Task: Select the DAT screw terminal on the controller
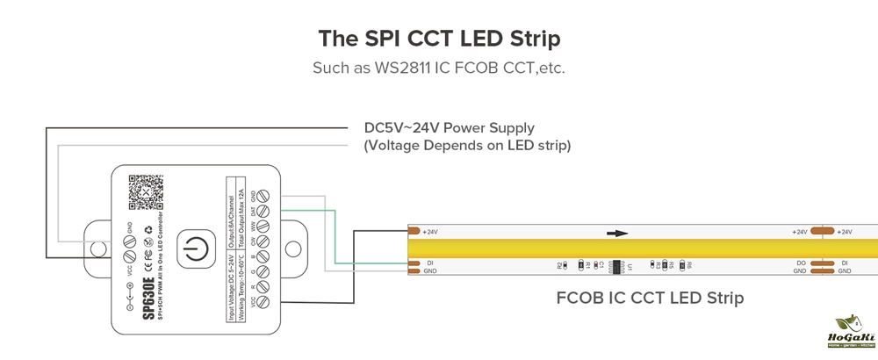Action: coord(261,212)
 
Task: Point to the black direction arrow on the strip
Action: coord(618,234)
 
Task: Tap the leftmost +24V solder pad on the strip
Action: coord(414,232)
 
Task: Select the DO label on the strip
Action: coord(802,263)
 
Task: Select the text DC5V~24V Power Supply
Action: coord(449,128)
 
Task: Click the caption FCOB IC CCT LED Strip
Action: coord(650,299)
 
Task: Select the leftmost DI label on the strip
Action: coord(430,263)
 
